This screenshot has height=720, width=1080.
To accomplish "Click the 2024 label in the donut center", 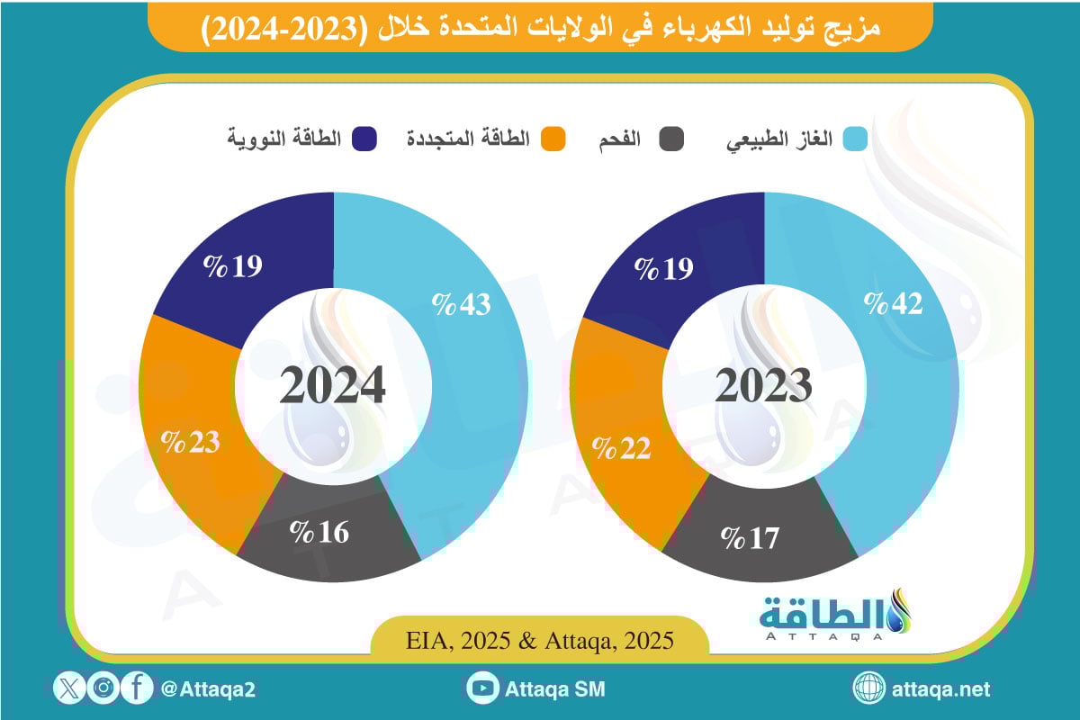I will [x=332, y=385].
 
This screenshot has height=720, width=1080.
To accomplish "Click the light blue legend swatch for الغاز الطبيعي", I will [x=856, y=140].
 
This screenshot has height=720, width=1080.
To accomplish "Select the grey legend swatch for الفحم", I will [x=671, y=140].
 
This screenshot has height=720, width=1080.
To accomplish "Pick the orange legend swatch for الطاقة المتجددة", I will [x=553, y=140].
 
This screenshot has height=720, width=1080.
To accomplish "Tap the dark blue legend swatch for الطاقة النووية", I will [x=365, y=140].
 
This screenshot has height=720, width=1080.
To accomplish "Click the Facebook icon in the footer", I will [x=136, y=689].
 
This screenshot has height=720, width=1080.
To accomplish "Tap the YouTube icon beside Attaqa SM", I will [x=483, y=689].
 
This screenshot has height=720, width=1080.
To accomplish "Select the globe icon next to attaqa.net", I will [x=869, y=689].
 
